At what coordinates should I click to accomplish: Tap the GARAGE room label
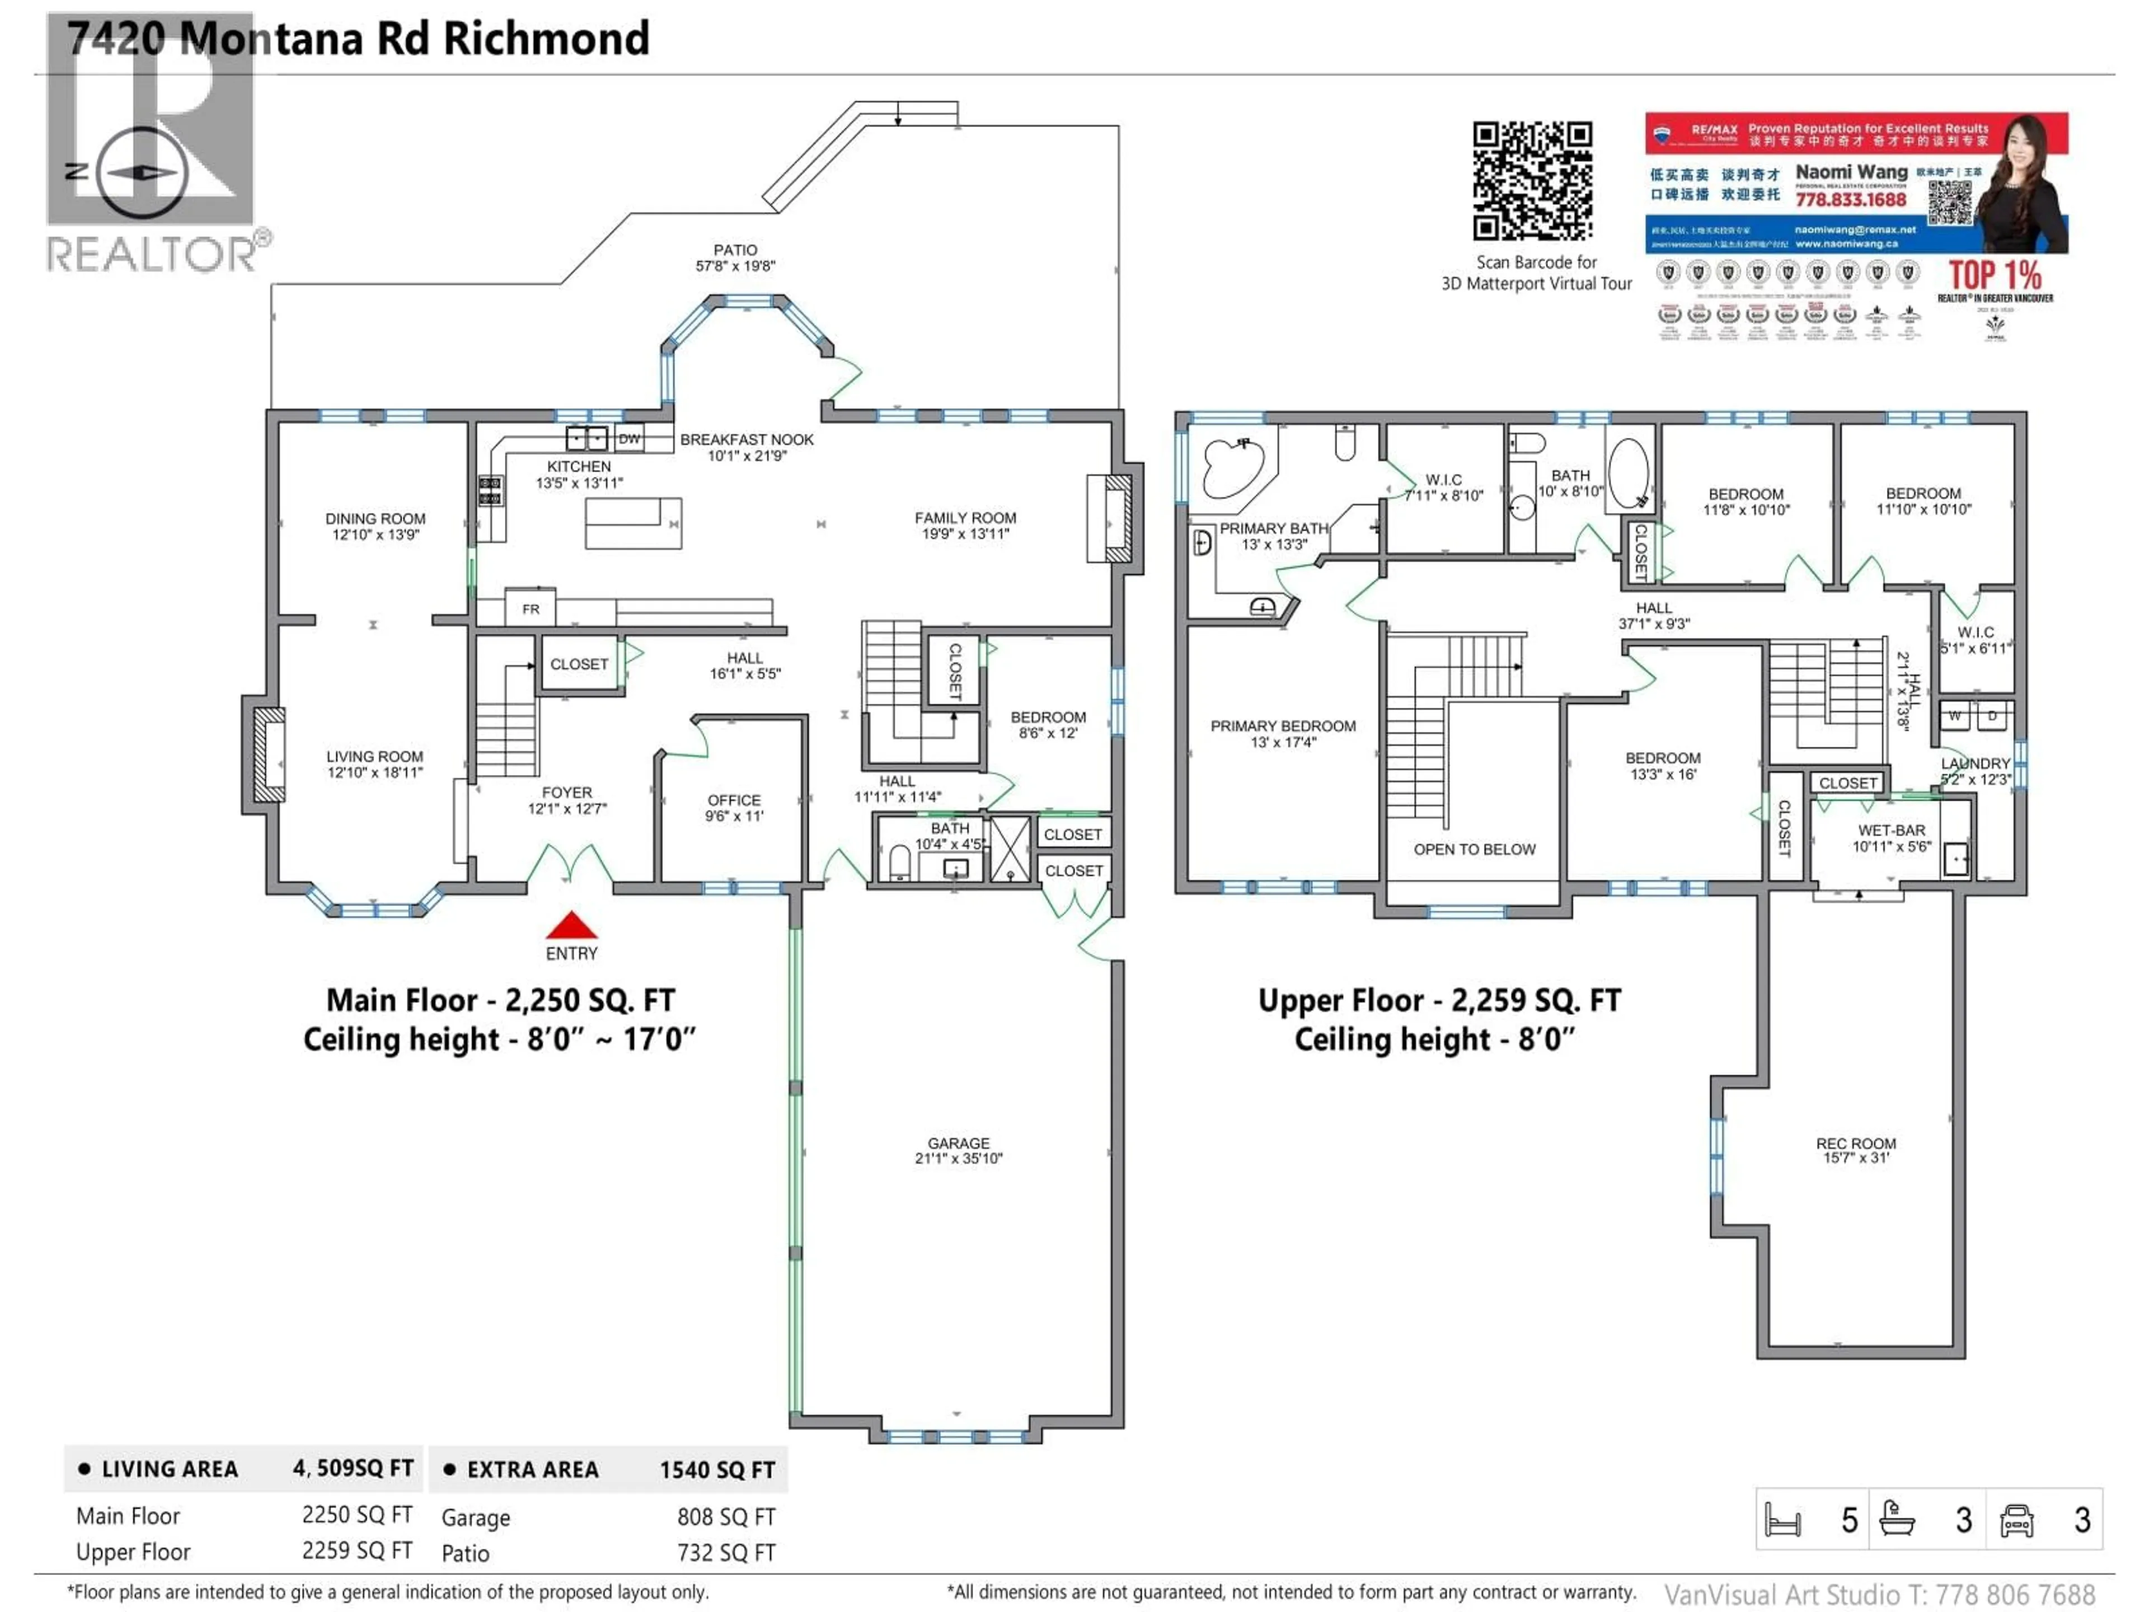point(958,1143)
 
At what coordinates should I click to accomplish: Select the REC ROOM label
point(1856,1144)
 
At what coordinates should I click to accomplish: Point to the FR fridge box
point(531,609)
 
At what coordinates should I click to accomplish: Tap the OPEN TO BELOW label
point(1474,849)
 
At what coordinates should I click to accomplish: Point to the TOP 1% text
point(1995,274)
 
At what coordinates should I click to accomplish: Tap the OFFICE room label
point(734,800)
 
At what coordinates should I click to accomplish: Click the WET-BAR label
point(1890,831)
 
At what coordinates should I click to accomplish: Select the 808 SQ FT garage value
point(726,1517)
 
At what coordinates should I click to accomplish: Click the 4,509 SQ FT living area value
point(353,1468)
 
